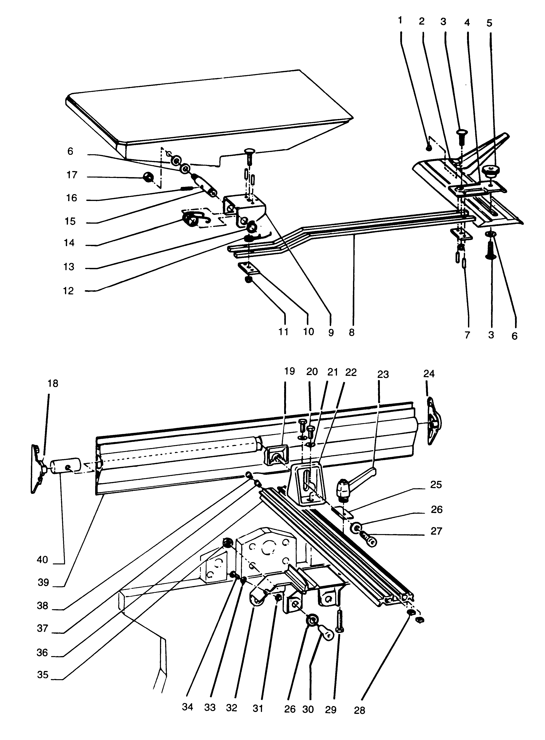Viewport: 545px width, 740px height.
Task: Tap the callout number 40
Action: [x=42, y=559]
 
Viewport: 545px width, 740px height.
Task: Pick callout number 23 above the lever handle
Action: [x=383, y=374]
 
